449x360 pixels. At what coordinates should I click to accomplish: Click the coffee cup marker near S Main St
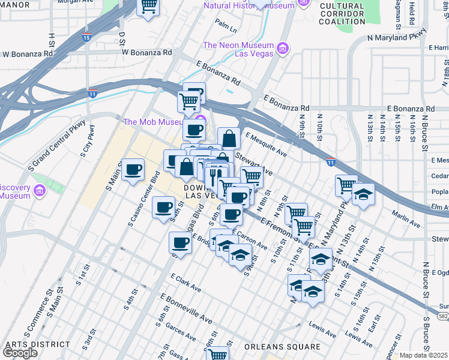(133, 170)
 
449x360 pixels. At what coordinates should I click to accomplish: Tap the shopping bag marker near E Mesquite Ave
(228, 139)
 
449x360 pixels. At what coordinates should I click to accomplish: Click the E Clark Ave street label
(185, 283)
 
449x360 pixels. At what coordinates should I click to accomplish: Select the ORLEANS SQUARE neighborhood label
(282, 347)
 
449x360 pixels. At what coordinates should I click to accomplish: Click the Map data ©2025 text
(424, 355)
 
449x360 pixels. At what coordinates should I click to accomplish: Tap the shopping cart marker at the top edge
(148, 7)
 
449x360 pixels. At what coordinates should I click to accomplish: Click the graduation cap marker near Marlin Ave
(363, 195)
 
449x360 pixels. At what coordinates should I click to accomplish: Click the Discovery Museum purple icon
(40, 191)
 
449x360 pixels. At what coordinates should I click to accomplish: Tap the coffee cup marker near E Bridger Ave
(180, 243)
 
